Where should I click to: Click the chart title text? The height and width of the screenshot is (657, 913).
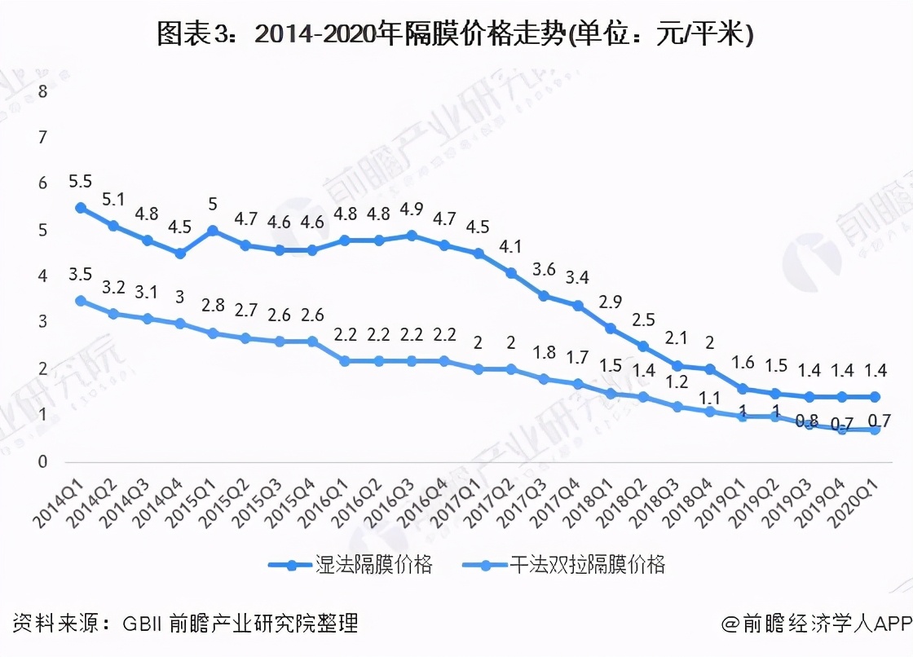(456, 35)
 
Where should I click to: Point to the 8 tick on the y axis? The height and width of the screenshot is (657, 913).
(43, 91)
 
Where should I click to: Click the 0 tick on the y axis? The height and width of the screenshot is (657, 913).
(43, 462)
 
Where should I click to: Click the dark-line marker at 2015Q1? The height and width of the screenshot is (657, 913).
(213, 231)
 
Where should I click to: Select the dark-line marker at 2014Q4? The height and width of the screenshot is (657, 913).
(180, 254)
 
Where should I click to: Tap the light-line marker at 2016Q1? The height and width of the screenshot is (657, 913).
(345, 360)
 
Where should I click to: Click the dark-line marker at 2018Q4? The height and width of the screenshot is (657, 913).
(709, 369)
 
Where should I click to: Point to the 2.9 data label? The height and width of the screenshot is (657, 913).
(610, 302)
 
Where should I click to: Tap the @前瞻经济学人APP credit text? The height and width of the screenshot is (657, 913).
(815, 624)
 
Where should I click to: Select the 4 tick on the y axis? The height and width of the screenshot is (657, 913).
(43, 276)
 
